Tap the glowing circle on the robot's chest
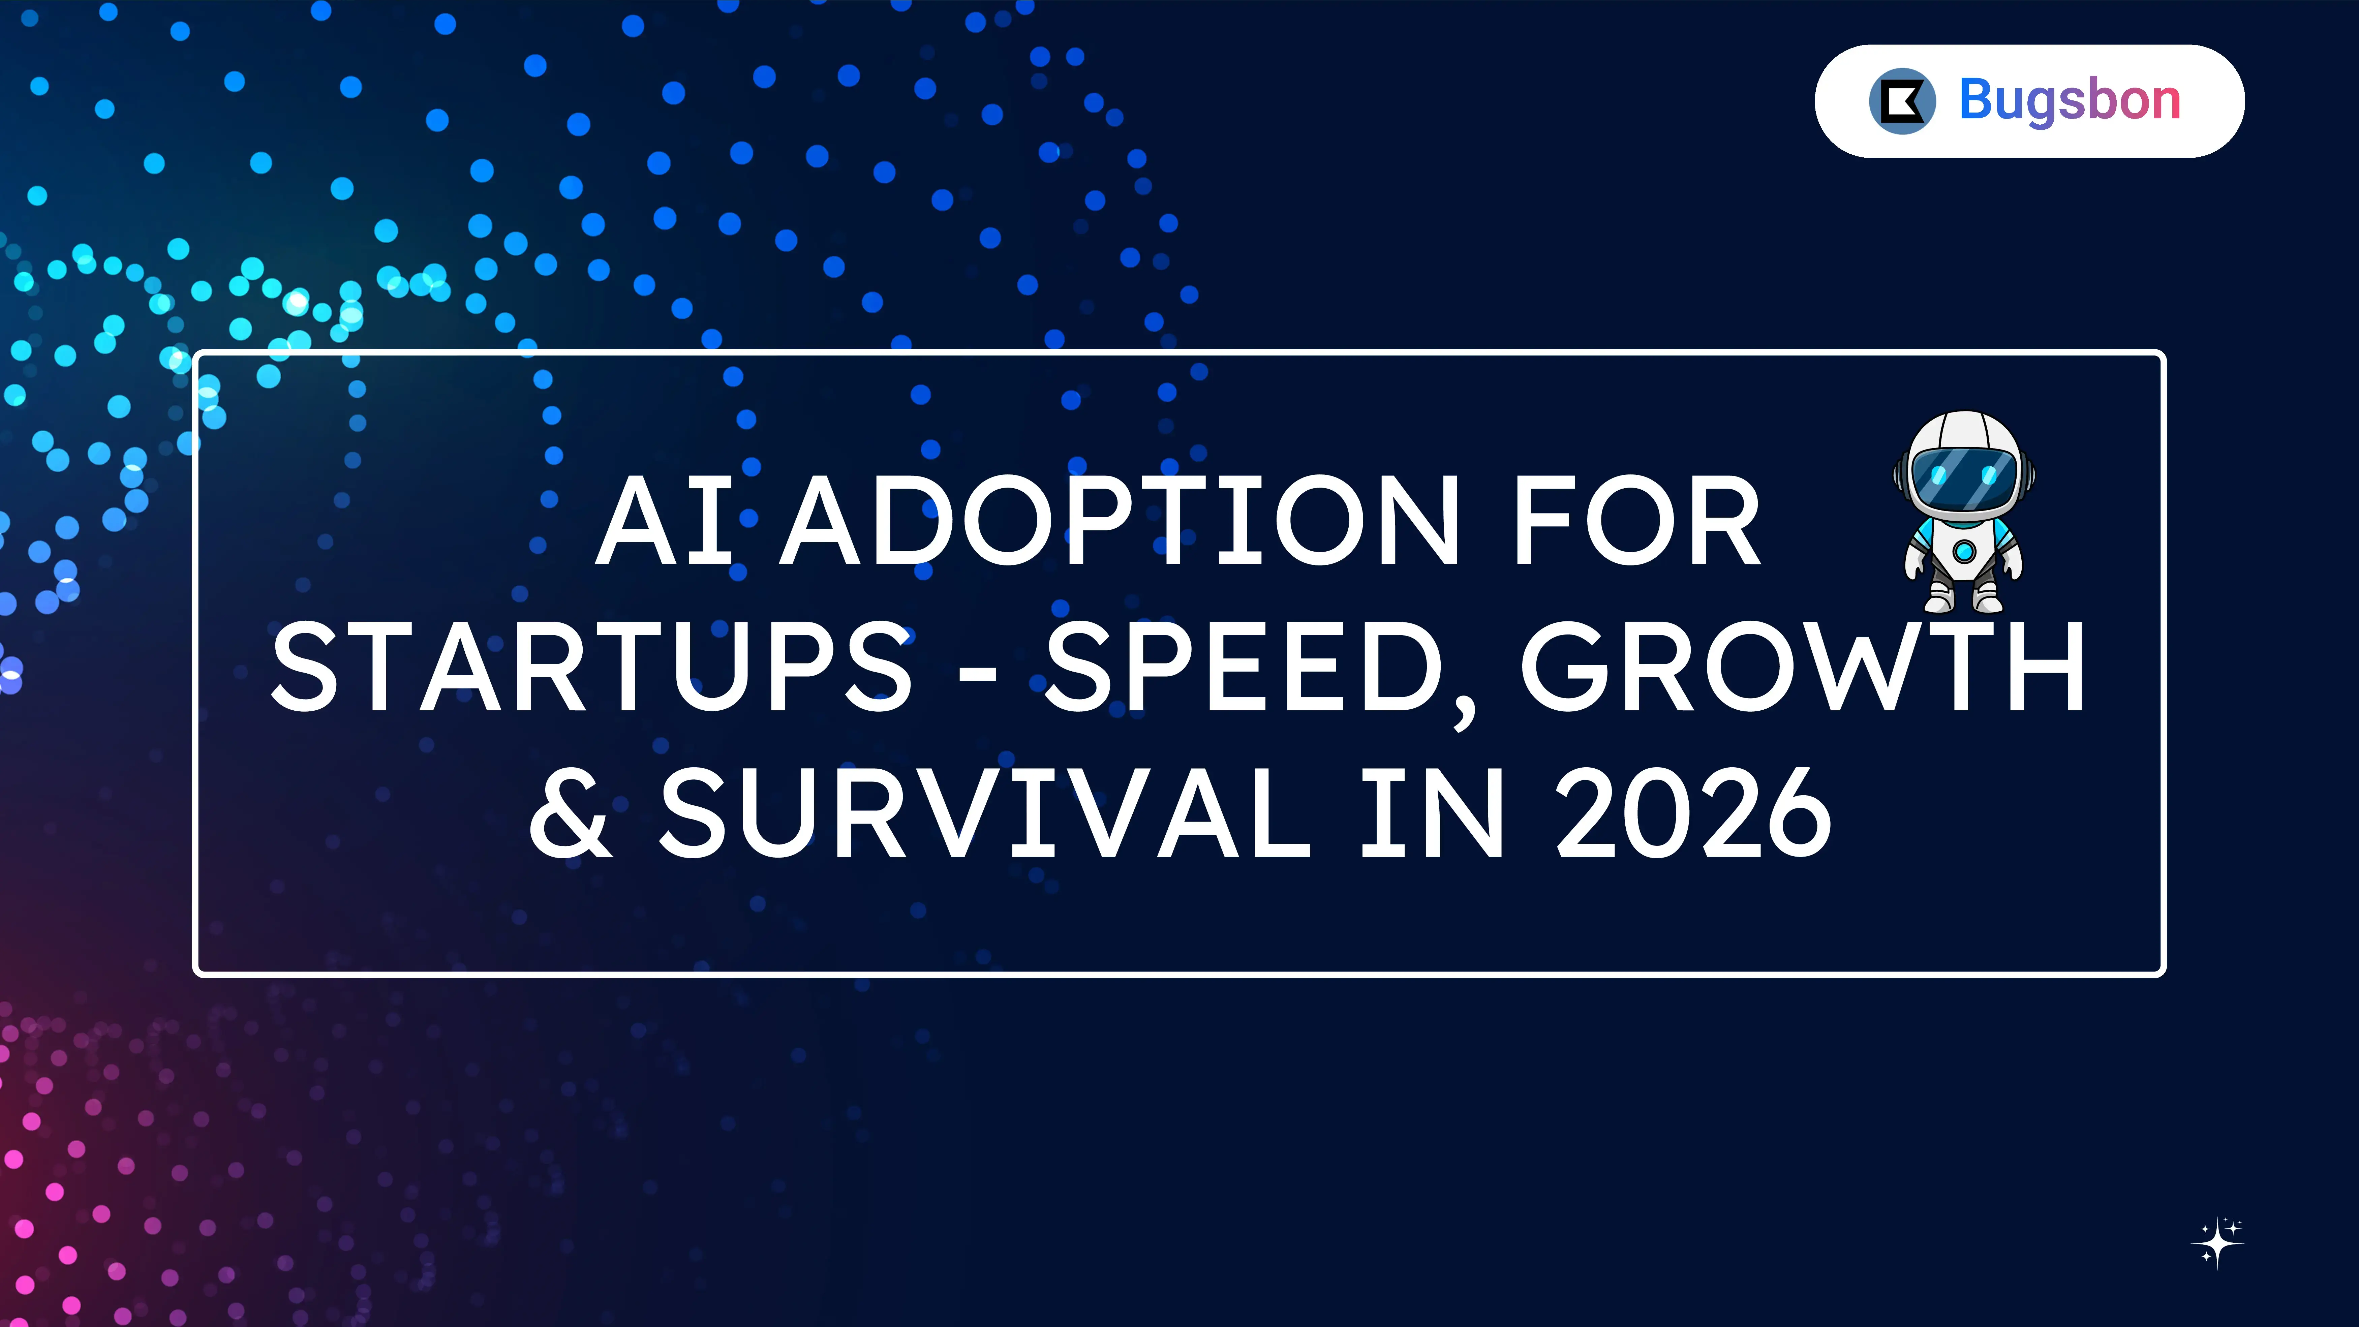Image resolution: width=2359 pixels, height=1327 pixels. (x=1964, y=551)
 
